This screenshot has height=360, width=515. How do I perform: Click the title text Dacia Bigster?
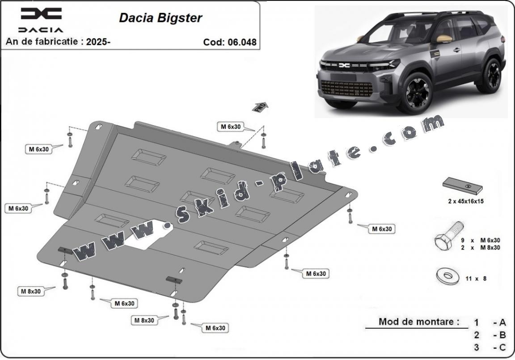[160, 18]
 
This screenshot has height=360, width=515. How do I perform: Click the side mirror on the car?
[443, 38]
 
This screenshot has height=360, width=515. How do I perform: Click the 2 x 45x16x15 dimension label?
[465, 201]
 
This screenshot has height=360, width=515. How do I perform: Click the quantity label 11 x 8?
[476, 279]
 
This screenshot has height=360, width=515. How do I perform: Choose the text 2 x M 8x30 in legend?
[481, 247]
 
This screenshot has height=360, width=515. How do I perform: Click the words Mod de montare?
[418, 322]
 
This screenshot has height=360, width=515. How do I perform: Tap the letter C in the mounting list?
[502, 347]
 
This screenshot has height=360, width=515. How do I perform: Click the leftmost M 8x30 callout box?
[30, 291]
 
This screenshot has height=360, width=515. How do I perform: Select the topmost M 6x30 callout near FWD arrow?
[230, 127]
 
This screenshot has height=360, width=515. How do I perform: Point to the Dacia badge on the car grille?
[345, 66]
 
